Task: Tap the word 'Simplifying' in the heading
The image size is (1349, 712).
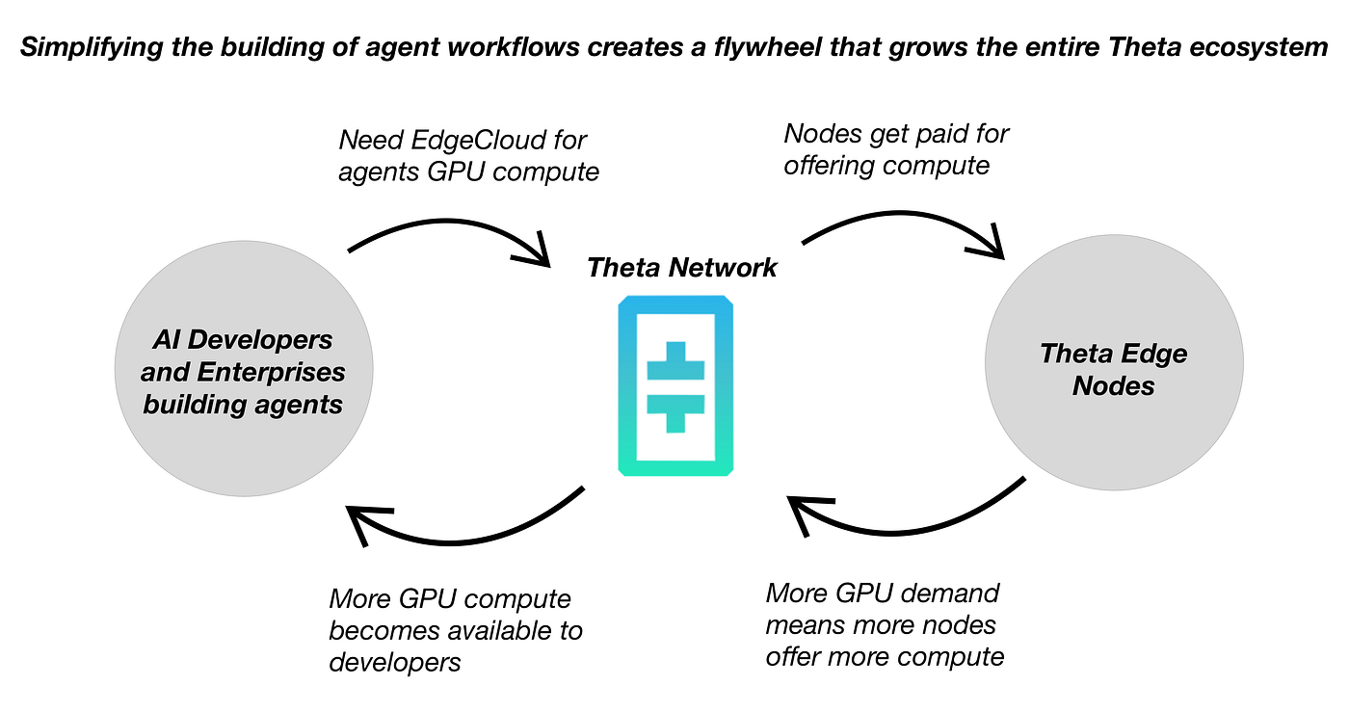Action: [x=92, y=47]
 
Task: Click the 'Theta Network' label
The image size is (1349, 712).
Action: [x=682, y=268]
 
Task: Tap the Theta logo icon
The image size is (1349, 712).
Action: [x=675, y=385]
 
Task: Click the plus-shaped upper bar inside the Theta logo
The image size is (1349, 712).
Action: [x=675, y=361]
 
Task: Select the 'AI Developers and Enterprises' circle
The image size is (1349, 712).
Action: [x=244, y=369]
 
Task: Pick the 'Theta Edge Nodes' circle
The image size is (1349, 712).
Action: [x=1114, y=362]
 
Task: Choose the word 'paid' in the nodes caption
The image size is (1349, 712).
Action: [x=958, y=135]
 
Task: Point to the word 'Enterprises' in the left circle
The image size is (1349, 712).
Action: [x=271, y=372]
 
